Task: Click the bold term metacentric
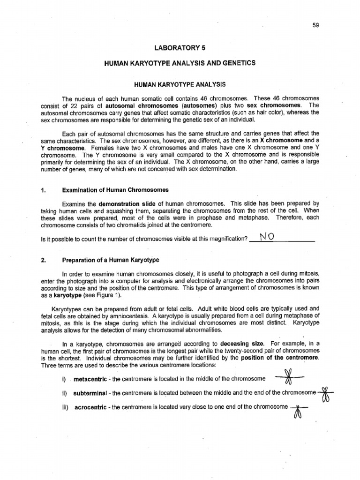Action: pyautogui.click(x=90, y=379)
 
